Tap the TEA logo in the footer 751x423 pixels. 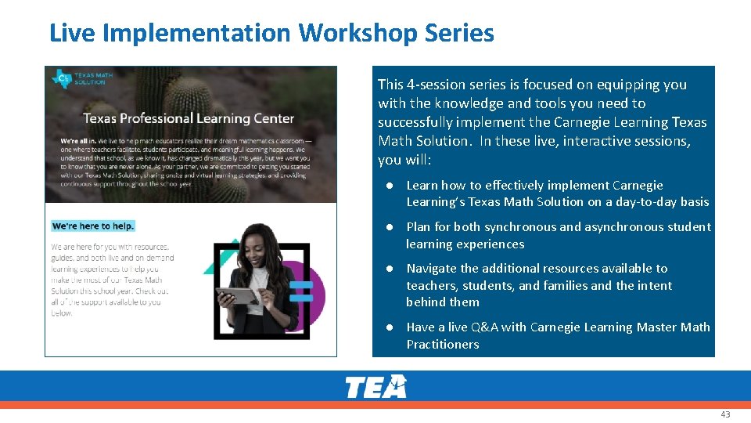(x=376, y=387)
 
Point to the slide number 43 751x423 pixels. (x=725, y=414)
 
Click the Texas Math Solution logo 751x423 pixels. (x=82, y=79)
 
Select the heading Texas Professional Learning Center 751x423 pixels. (x=189, y=118)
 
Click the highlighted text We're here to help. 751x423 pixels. (x=93, y=226)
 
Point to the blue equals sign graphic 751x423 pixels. (x=301, y=291)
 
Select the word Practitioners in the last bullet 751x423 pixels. (x=443, y=345)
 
